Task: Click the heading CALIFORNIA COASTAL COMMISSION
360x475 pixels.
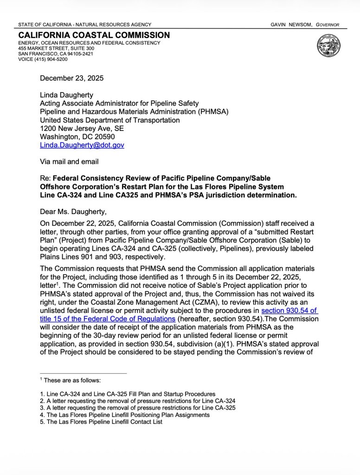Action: point(94,35)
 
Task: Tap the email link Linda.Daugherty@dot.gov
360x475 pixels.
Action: point(82,145)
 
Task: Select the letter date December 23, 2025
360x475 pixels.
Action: point(71,78)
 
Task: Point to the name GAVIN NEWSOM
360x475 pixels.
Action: point(290,25)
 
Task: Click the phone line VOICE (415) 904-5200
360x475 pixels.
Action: point(43,59)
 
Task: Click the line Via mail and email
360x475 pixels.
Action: point(69,162)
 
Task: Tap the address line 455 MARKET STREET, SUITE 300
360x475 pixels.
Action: point(56,48)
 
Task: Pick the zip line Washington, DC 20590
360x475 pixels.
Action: point(77,137)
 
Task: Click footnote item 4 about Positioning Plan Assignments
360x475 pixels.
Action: point(125,415)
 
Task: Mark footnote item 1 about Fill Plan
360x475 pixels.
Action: point(128,394)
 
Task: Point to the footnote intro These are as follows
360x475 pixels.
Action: point(72,380)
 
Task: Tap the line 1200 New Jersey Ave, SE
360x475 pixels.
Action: point(82,129)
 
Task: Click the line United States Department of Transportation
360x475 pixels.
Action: point(109,120)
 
